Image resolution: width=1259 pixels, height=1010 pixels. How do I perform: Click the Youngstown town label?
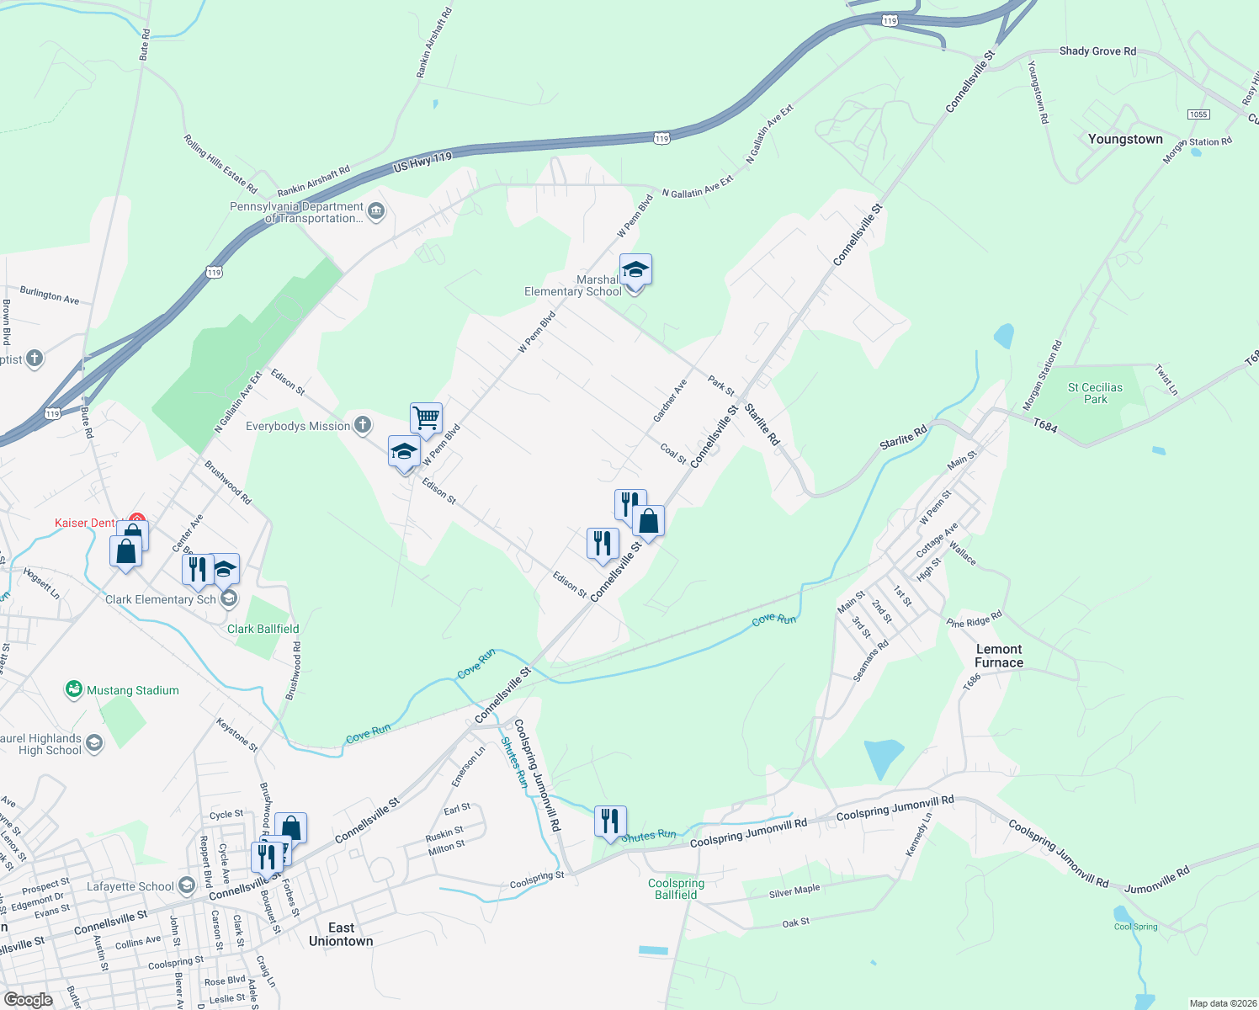[x=1125, y=139]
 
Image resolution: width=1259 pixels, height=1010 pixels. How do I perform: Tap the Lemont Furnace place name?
[x=999, y=656]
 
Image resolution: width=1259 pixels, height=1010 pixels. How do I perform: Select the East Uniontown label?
[x=341, y=934]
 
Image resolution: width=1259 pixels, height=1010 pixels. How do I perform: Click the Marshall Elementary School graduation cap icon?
[x=635, y=271]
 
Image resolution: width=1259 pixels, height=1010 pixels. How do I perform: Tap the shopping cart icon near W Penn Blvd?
[x=427, y=417]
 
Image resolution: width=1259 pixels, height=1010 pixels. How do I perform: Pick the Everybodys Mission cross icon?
[x=363, y=425]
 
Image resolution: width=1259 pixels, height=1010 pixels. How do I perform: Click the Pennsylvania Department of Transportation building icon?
[x=376, y=210]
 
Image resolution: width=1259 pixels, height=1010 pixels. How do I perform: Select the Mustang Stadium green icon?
[x=74, y=690]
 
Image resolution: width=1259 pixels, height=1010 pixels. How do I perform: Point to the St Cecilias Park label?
[x=1095, y=393]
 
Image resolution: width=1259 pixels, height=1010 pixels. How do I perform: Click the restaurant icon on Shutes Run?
[x=610, y=821]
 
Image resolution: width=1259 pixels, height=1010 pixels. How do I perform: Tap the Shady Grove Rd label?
[x=1097, y=51]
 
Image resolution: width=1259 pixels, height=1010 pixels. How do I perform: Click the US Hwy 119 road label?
[x=422, y=162]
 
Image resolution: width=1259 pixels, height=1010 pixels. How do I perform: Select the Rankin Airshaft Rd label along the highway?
[x=313, y=182]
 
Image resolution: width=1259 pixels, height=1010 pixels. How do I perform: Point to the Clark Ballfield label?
[x=263, y=629]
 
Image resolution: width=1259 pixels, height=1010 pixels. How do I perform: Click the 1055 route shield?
[x=1198, y=114]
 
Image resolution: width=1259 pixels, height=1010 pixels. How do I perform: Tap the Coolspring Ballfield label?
[x=676, y=889]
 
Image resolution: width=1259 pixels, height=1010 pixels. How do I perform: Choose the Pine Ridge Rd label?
[x=974, y=619]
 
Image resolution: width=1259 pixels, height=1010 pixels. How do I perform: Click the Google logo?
[x=29, y=999]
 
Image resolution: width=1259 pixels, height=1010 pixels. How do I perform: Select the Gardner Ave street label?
[x=670, y=401]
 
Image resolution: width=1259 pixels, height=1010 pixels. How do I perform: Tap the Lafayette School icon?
[x=186, y=885]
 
